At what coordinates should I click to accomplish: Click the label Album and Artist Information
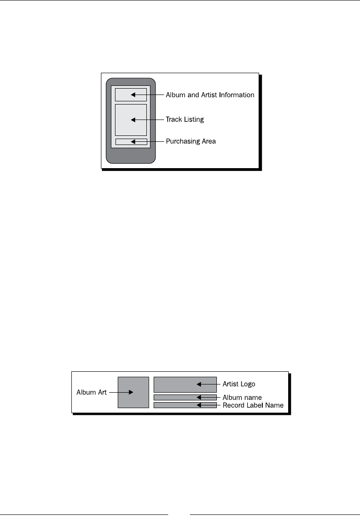pos(210,95)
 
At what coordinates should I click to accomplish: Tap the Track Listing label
pos(185,120)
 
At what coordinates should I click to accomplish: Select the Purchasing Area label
pos(190,141)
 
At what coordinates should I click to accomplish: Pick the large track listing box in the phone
pos(123,120)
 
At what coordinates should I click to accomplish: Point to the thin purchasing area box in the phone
pos(123,142)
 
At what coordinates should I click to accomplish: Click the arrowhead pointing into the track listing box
pos(133,120)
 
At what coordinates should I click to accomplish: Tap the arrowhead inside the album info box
pos(133,95)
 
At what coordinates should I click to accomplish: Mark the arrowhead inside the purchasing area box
pos(133,142)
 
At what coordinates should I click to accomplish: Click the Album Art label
pos(91,392)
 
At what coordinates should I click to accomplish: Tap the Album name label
pos(242,398)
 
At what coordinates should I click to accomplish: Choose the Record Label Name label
pos(253,405)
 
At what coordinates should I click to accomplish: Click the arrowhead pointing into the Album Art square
pos(130,392)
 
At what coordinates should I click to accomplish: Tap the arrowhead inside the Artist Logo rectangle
pos(199,384)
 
